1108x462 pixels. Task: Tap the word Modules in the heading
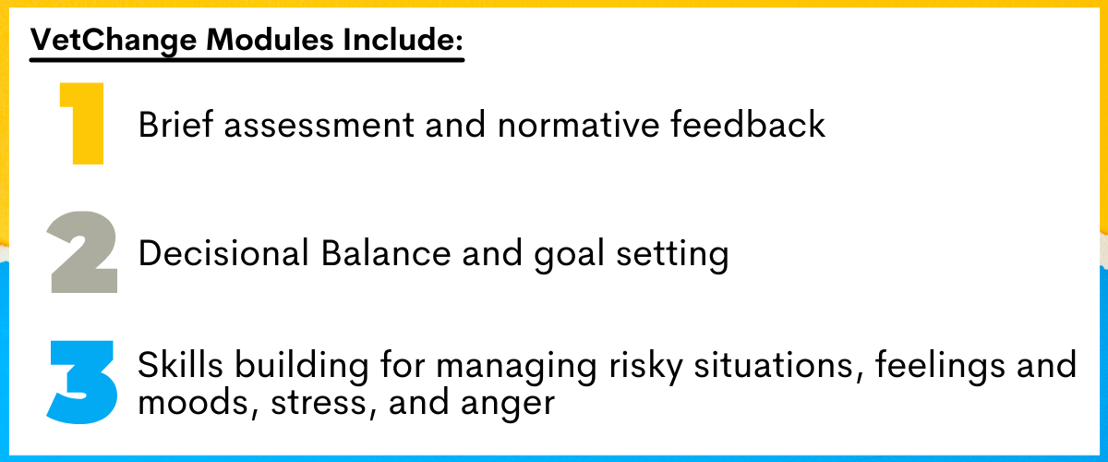click(x=270, y=39)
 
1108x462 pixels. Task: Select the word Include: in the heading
click(x=403, y=39)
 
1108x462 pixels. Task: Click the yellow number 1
click(x=81, y=123)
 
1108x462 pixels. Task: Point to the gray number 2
click(x=82, y=252)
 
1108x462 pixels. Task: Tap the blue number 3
click(x=82, y=383)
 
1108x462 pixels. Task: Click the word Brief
click(x=175, y=124)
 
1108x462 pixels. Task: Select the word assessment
click(x=319, y=126)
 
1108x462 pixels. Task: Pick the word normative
click(x=578, y=125)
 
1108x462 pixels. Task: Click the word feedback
click(x=748, y=124)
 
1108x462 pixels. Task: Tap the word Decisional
click(x=223, y=253)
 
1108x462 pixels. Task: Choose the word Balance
click(x=386, y=253)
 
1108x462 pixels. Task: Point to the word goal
click(x=569, y=255)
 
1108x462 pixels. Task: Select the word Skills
click(x=180, y=365)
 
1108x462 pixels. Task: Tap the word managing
click(x=516, y=368)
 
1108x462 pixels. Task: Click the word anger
click(x=508, y=405)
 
